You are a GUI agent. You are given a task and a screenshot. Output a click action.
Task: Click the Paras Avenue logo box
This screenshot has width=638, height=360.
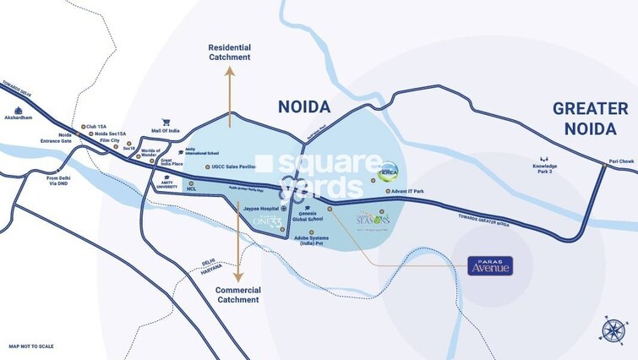click(x=490, y=265)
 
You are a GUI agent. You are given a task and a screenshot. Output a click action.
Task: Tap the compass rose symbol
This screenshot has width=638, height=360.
click(x=613, y=330)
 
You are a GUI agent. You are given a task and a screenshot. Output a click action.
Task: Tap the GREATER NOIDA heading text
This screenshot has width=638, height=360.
click(x=590, y=117)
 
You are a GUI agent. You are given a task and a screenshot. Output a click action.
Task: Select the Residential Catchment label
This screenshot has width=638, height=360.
click(x=230, y=52)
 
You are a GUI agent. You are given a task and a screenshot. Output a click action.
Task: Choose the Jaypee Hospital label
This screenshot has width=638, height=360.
click(x=261, y=208)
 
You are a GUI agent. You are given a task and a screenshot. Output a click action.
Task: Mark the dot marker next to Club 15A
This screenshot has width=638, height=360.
click(x=83, y=128)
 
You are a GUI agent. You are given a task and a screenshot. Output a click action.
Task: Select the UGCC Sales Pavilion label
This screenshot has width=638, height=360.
click(x=228, y=167)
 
